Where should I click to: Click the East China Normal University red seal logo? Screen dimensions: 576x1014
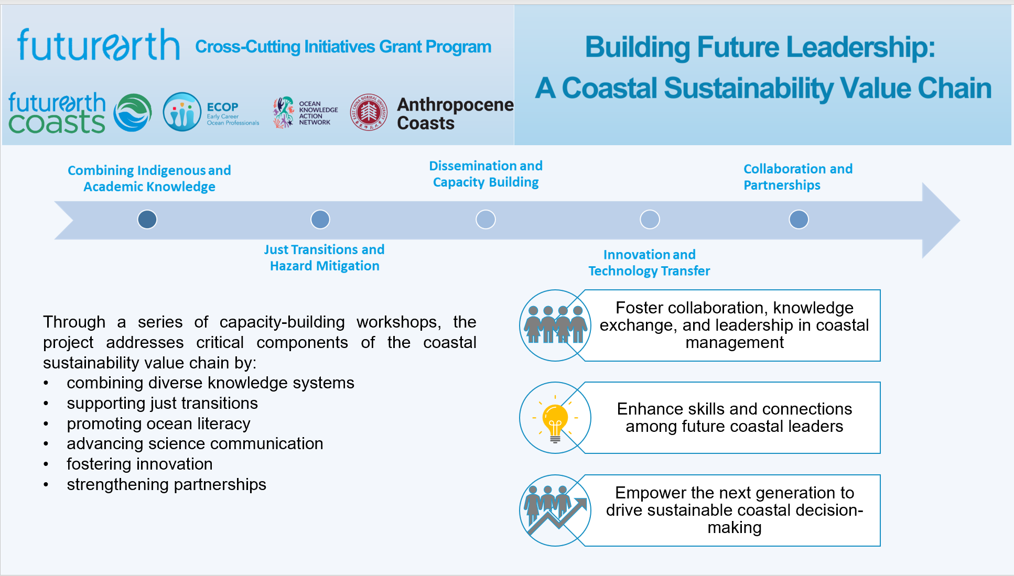(369, 112)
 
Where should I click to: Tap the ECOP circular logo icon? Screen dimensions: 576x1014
(182, 112)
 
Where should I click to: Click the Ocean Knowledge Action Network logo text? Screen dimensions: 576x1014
(318, 113)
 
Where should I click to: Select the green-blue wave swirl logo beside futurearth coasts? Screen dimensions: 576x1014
(133, 112)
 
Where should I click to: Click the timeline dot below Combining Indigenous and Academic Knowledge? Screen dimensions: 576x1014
(147, 219)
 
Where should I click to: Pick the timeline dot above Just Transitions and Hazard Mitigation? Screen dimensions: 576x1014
(320, 219)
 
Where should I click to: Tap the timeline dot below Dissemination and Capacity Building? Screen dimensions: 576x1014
(486, 219)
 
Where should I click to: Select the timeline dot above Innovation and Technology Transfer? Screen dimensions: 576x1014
(650, 219)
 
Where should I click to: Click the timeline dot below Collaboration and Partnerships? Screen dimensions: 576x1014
(799, 219)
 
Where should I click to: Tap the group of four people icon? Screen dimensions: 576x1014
(555, 325)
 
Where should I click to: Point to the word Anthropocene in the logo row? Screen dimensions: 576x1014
(455, 104)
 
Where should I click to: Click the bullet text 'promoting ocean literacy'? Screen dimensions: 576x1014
(158, 423)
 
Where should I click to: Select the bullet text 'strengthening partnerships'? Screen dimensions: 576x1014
(166, 484)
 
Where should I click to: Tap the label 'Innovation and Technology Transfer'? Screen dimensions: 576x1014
(649, 263)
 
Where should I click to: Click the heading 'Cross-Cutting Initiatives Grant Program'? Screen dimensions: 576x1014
(343, 47)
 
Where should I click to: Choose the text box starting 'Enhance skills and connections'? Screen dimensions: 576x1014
(734, 418)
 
